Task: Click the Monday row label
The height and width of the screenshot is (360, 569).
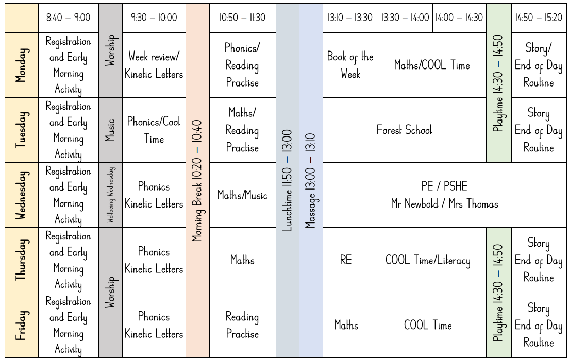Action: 21,65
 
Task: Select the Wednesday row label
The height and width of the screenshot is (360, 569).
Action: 21,195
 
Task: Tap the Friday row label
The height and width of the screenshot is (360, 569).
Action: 21,325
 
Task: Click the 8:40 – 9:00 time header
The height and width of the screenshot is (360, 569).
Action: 68,18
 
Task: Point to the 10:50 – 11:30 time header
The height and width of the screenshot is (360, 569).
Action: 242,18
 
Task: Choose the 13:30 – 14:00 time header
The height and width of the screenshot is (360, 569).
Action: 405,18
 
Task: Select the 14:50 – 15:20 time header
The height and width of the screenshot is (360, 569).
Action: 539,18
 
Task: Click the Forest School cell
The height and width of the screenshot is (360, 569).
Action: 404,130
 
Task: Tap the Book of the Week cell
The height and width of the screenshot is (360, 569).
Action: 350,65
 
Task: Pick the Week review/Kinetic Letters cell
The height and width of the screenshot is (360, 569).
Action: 154,65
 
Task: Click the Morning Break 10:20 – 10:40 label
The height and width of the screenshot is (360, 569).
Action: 197,180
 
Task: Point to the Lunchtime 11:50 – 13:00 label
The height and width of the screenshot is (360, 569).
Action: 288,180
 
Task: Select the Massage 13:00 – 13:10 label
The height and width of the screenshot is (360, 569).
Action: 310,180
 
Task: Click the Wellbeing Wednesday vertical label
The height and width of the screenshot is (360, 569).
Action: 110,195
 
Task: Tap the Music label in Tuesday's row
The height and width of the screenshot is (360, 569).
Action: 110,130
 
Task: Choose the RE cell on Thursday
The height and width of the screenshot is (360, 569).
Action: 346,260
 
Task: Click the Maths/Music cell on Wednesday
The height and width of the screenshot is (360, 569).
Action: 242,195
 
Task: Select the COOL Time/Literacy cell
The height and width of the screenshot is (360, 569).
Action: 428,260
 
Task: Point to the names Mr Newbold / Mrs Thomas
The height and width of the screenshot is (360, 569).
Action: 444,204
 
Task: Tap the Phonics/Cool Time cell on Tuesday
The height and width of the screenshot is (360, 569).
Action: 154,130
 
